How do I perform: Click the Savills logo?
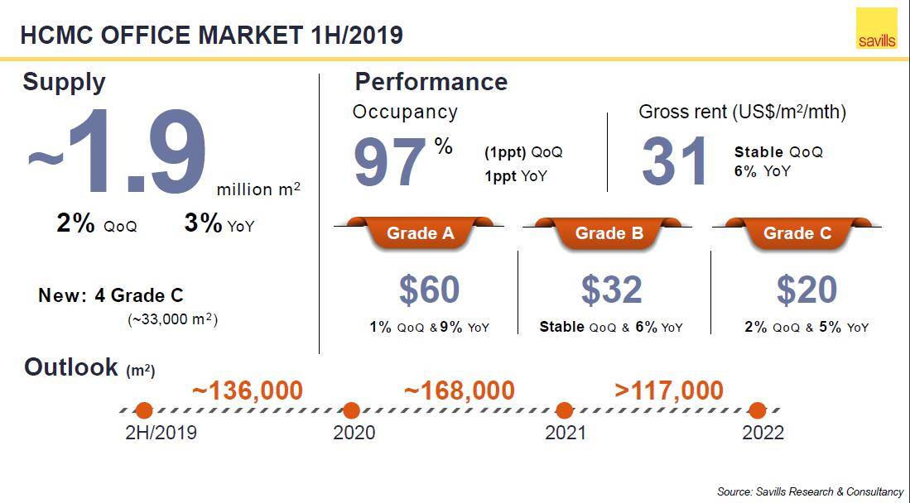876,30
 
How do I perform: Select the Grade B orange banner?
609,233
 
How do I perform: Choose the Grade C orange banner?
797,233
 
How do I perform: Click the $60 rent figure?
429,290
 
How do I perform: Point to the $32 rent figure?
611,290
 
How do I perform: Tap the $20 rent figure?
806,290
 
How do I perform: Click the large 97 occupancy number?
390,162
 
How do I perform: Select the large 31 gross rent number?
676,160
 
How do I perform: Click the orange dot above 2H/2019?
144,410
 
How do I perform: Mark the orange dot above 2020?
351,410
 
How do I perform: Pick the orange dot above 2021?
565,410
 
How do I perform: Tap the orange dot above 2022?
757,410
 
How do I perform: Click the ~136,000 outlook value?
248,390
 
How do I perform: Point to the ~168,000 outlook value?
460,390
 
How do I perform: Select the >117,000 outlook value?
669,390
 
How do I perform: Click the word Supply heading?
64,82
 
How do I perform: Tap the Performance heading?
431,82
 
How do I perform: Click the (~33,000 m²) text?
172,319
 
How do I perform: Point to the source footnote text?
810,491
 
